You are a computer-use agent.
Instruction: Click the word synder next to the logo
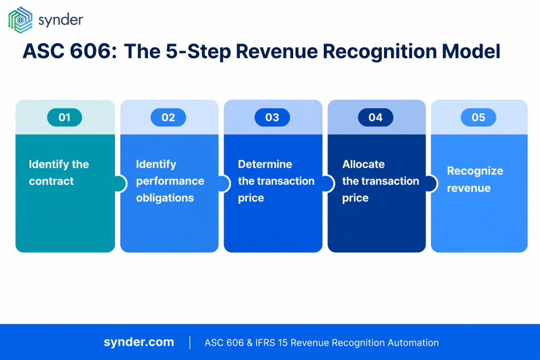coord(61,20)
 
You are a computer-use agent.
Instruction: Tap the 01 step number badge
coord(64,118)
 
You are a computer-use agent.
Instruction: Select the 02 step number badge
coord(168,118)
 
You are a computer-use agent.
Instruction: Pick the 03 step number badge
coord(272,118)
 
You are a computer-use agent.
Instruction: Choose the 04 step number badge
coord(375,118)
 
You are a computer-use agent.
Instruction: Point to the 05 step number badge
coord(478,118)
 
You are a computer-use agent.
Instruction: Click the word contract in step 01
coord(51,181)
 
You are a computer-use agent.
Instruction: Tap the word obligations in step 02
coord(165,198)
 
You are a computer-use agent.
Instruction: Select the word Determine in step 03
coord(265,164)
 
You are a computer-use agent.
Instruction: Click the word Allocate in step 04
coord(363,164)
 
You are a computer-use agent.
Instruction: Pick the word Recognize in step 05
coord(475,171)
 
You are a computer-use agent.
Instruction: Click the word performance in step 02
coord(170,181)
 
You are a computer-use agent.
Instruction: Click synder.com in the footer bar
coord(139,342)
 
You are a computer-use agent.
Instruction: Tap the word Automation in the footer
coord(413,343)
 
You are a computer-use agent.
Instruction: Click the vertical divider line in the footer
coord(189,342)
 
